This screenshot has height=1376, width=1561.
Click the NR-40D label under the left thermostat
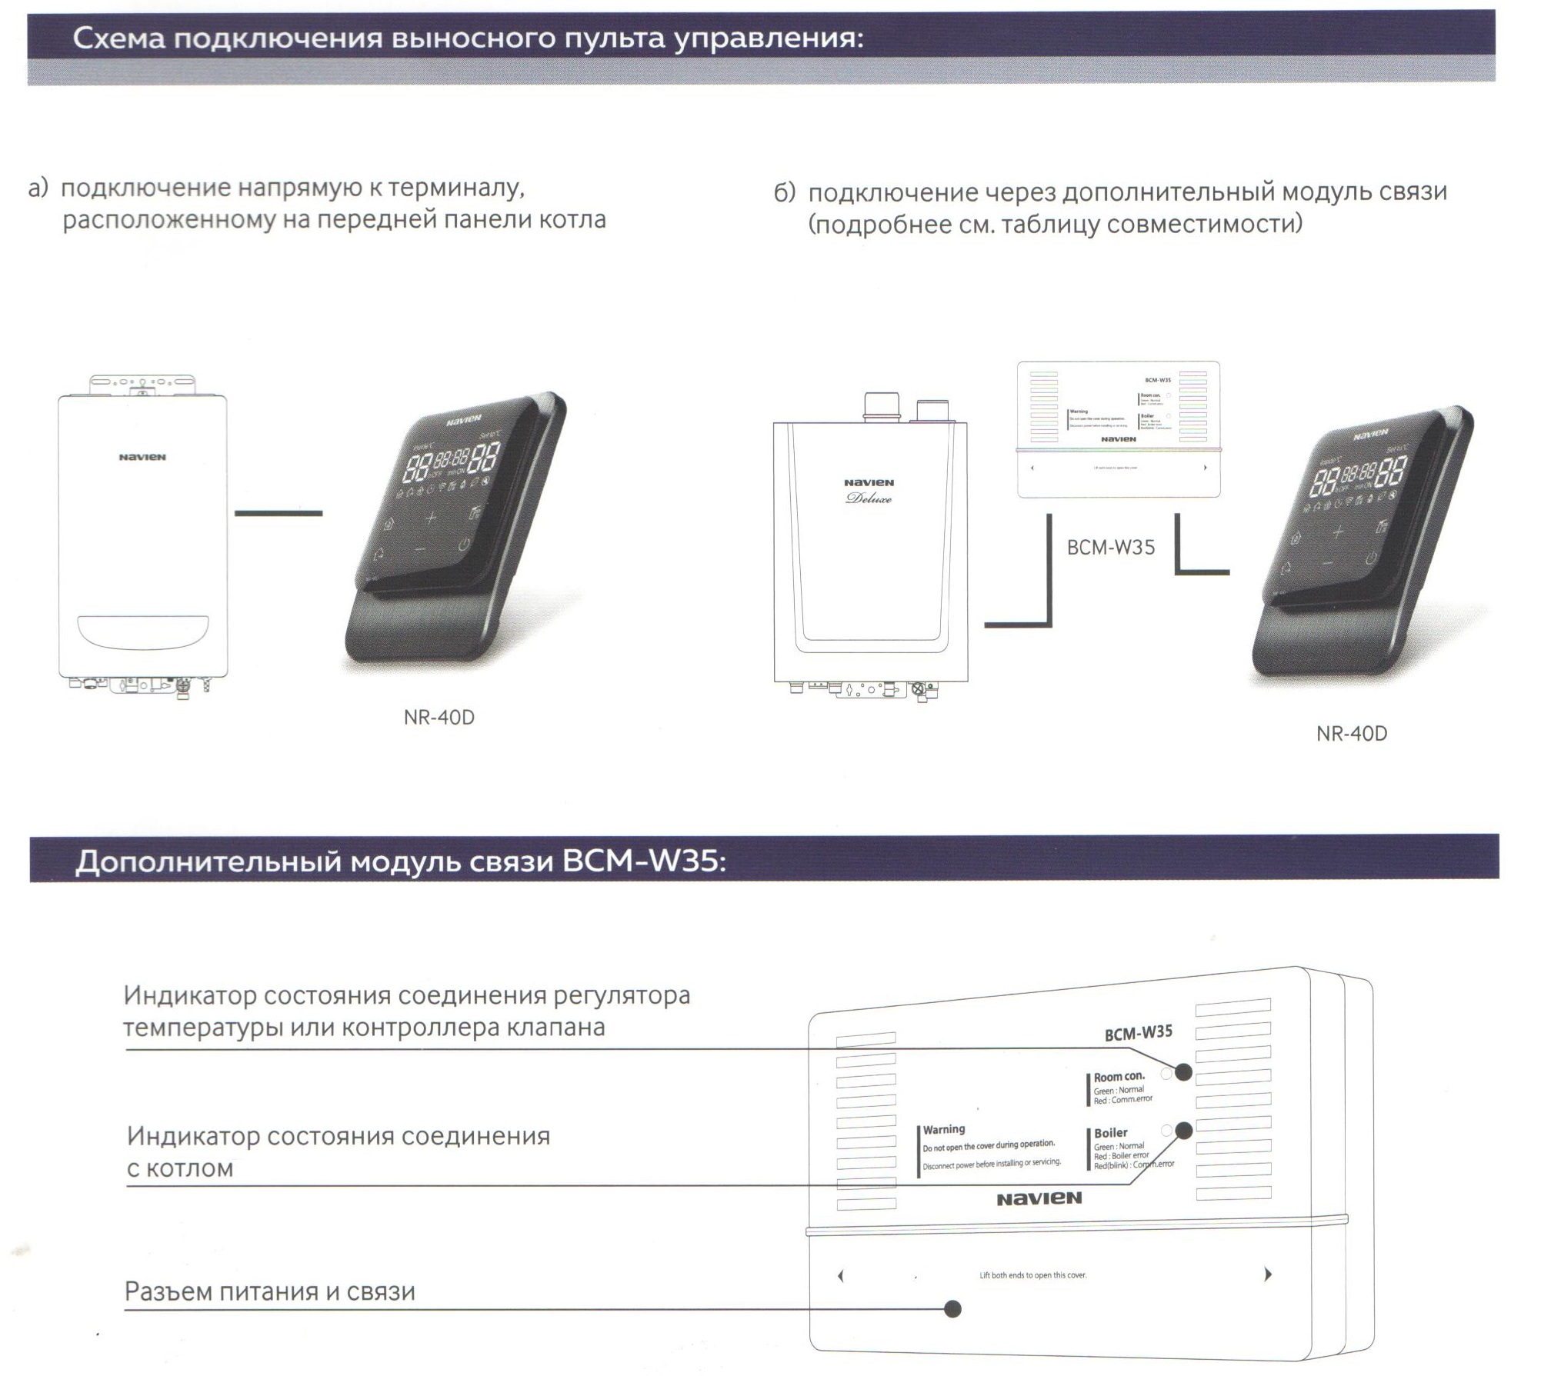pos(439,717)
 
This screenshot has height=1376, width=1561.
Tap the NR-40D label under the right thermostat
pos(1351,733)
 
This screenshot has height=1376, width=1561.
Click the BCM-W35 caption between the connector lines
pos(1110,547)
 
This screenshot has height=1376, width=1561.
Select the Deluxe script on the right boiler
pos(869,498)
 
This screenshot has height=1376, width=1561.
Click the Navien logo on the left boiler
pos(142,457)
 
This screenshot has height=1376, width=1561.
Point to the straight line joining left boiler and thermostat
pos(278,513)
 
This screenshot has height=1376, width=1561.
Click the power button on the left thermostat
pos(463,547)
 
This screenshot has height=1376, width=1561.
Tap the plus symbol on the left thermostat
pos(430,518)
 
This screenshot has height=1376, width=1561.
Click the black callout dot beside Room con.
pos(1183,1072)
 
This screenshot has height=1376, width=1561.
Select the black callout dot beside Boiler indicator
pos(1183,1130)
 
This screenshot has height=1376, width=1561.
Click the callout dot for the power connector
pos(952,1308)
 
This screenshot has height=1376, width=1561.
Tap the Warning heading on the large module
pos(943,1129)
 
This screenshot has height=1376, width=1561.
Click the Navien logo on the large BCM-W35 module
pos(1039,1198)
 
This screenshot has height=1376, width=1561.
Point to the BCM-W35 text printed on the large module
pos(1138,1033)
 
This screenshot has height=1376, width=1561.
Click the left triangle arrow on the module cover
pos(841,1276)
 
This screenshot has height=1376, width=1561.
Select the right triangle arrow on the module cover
pos(1267,1274)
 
